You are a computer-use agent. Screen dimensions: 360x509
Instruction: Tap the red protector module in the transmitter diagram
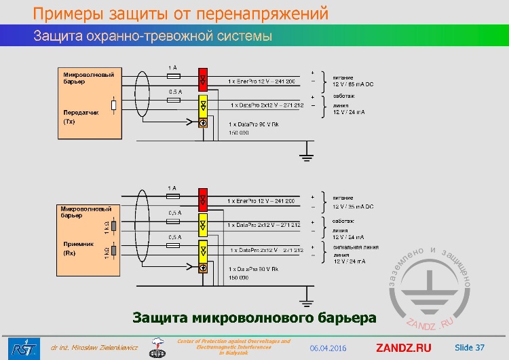pyautogui.click(x=203, y=81)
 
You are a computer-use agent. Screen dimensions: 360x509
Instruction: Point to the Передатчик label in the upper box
pyautogui.click(x=81, y=113)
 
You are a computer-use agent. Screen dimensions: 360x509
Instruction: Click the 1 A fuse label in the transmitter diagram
pyautogui.click(x=172, y=67)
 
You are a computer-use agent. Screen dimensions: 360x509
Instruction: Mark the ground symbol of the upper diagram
pyautogui.click(x=307, y=156)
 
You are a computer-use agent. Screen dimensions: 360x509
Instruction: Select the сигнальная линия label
pyautogui.click(x=356, y=248)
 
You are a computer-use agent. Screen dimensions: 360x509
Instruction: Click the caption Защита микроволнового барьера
pyautogui.click(x=254, y=317)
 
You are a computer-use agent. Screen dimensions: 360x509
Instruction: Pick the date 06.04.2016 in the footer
pyautogui.click(x=328, y=348)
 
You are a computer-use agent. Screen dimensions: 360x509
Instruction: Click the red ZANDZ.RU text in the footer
pyautogui.click(x=403, y=348)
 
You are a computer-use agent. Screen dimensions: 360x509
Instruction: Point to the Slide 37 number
pyautogui.click(x=469, y=348)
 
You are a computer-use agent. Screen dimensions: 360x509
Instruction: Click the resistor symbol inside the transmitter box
pyautogui.click(x=113, y=105)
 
